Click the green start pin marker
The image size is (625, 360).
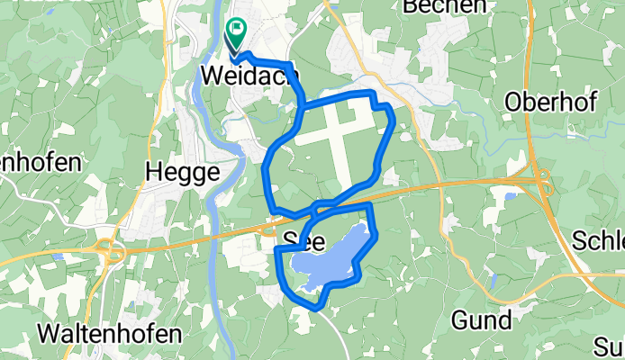(235, 32)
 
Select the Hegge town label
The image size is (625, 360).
(182, 171)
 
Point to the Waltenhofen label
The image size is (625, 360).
(110, 333)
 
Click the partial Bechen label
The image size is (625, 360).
(439, 7)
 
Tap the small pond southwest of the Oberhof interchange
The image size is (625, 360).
(511, 193)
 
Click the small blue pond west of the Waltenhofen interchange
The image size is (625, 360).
(58, 256)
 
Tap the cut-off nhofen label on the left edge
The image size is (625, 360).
(41, 164)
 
